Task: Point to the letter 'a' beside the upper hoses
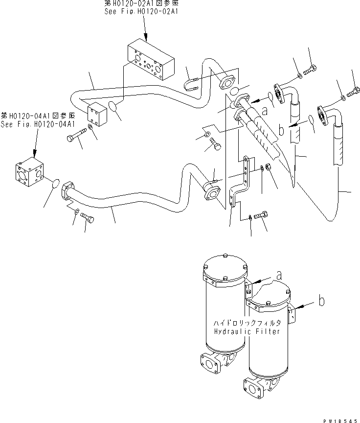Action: pos(265,111)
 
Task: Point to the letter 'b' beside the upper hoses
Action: pos(281,131)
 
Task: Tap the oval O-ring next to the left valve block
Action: pos(56,184)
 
